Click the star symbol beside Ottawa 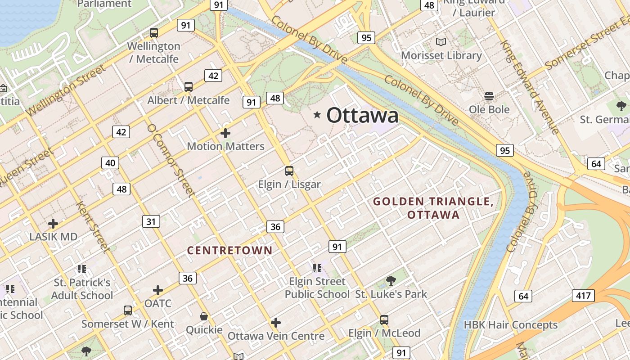click(317, 115)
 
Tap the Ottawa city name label click(362, 115)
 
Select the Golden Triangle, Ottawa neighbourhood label click(433, 208)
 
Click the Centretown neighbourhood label click(230, 250)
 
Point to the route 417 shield click(583, 296)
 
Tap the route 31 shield click(151, 221)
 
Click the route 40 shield click(110, 162)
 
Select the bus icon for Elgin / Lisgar click(289, 171)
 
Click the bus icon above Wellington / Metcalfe click(154, 32)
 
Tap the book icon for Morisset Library click(441, 42)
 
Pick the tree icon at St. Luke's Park click(391, 281)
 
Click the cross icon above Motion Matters click(225, 133)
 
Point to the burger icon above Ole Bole click(489, 96)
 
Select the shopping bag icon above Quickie click(204, 317)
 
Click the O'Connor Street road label click(171, 160)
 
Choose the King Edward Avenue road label click(531, 88)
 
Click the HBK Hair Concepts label click(510, 325)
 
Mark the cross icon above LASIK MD click(53, 224)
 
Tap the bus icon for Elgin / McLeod click(384, 320)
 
